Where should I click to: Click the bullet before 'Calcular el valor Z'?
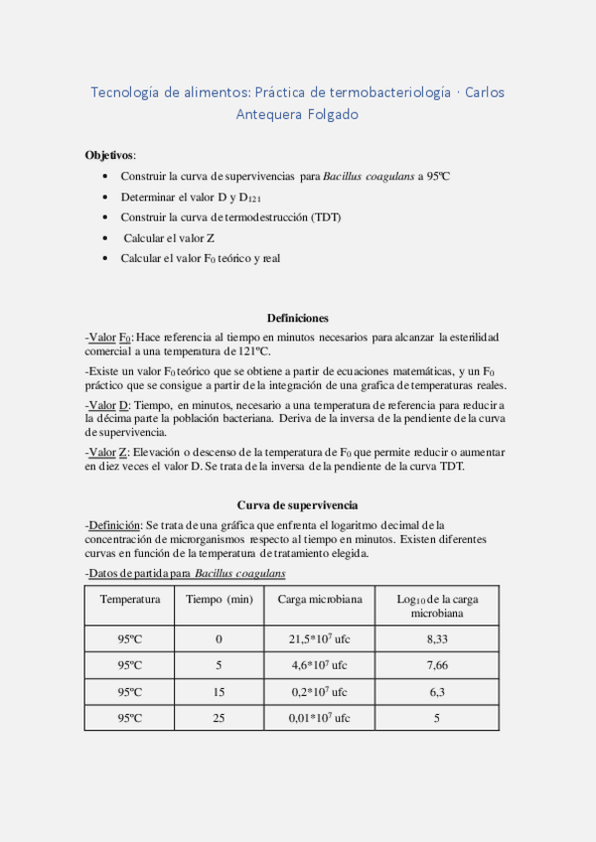click(x=106, y=238)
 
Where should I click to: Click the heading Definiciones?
click(x=297, y=318)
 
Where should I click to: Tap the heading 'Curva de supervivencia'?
click(x=297, y=504)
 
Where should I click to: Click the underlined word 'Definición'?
click(x=115, y=524)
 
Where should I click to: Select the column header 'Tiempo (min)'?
click(x=219, y=599)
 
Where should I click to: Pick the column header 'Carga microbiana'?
click(x=319, y=599)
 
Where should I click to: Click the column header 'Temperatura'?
click(x=129, y=599)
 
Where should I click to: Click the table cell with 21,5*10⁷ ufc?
click(x=319, y=638)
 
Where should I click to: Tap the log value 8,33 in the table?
click(x=436, y=638)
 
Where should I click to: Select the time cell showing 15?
click(x=219, y=691)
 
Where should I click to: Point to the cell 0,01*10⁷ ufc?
click(x=319, y=717)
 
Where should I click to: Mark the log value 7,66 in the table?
click(x=436, y=665)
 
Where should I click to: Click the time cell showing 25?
click(x=219, y=717)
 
